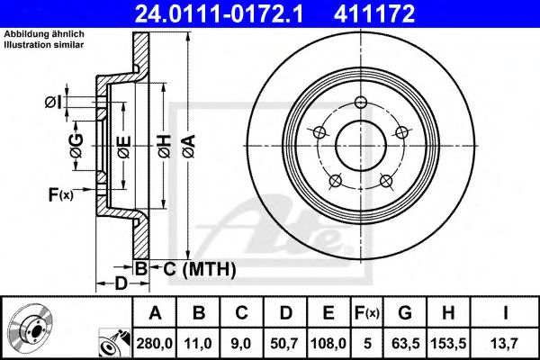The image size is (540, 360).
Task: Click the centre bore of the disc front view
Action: [x=361, y=144]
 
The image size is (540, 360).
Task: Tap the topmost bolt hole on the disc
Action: [x=361, y=105]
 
